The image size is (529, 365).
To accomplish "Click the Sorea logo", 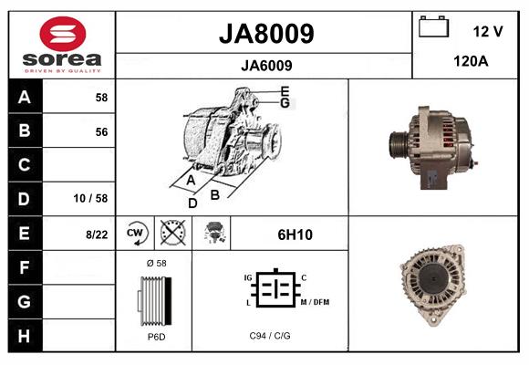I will click(x=61, y=44).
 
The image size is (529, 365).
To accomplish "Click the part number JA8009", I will click(x=265, y=34).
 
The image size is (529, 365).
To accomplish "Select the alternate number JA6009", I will click(x=265, y=65).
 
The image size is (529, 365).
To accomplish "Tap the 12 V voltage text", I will click(x=488, y=31).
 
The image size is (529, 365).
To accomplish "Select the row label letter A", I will click(x=24, y=97).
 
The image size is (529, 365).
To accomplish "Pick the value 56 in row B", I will click(x=101, y=131).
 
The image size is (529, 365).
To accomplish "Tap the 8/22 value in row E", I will click(x=97, y=235).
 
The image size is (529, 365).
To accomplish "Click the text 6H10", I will click(x=295, y=235).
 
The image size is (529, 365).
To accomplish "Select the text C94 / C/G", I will click(x=271, y=336).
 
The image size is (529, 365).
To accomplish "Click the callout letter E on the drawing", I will click(x=285, y=91).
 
